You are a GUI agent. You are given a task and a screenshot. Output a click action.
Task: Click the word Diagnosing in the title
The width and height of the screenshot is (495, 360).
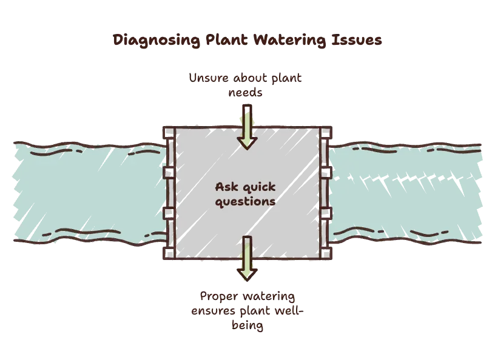(157, 41)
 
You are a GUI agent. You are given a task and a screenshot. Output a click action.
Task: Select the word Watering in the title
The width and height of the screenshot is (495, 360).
(289, 41)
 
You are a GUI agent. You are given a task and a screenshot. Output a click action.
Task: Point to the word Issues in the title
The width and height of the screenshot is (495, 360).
(357, 40)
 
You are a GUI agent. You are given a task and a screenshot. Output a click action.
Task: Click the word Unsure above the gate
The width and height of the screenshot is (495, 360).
(209, 78)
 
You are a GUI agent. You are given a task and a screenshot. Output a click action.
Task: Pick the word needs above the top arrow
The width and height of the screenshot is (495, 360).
(245, 93)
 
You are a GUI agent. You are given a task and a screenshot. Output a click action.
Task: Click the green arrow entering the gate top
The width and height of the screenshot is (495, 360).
(247, 127)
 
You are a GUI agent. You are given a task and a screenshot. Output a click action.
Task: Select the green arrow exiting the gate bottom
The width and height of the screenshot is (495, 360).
(247, 258)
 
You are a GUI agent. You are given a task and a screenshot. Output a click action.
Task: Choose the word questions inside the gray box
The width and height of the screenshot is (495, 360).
(245, 202)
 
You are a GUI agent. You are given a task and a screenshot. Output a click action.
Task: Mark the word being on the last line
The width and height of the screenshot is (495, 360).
(247, 325)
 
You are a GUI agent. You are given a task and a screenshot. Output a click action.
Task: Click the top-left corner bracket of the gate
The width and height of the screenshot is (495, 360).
(169, 133)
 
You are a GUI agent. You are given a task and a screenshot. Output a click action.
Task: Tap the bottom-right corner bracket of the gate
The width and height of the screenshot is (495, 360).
(326, 253)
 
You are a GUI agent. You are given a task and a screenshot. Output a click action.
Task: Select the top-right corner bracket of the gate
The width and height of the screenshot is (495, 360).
(326, 133)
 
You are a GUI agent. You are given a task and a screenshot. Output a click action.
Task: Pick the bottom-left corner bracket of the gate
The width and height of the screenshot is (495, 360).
(169, 253)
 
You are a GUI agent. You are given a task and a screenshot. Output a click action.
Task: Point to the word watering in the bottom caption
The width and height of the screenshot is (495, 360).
(269, 296)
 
